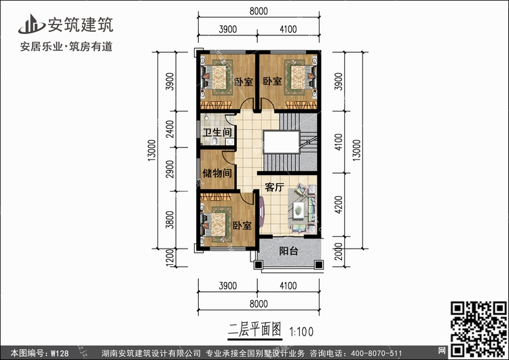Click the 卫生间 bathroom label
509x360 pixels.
[217, 132]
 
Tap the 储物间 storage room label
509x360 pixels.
[217, 173]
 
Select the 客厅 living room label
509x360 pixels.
[275, 187]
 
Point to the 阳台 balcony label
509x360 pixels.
[288, 251]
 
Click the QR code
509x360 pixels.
[479, 329]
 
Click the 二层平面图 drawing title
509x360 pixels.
[254, 330]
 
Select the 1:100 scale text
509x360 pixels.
[301, 331]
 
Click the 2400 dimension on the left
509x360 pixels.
[170, 129]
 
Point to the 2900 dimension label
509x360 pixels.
[170, 169]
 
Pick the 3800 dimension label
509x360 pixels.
[170, 219]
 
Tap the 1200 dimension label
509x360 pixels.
[170, 257]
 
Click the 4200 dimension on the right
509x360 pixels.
[338, 204]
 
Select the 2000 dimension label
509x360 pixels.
[338, 251]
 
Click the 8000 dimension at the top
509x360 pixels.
[259, 11]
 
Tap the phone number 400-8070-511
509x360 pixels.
[377, 353]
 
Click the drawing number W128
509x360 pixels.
[60, 353]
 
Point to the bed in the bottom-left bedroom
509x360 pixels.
[216, 224]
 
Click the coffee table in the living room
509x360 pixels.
[299, 211]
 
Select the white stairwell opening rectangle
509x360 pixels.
[281, 142]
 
